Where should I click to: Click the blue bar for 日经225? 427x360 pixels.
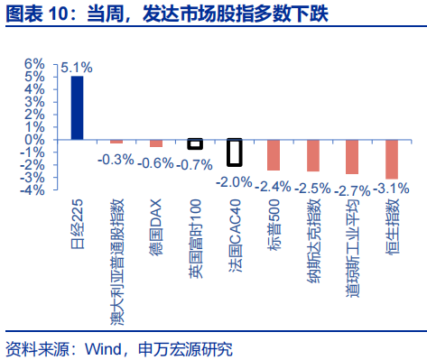[x=77, y=108]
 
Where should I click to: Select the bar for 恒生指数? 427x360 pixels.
[x=391, y=159]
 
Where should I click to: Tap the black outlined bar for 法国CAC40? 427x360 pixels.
[x=234, y=152]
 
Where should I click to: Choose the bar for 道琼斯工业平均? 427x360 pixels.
[x=352, y=157]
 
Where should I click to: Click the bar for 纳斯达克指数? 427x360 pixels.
[x=313, y=155]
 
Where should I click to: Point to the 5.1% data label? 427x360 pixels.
[x=77, y=67]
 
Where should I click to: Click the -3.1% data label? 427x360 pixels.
[x=391, y=188]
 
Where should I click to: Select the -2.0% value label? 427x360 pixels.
[x=235, y=181]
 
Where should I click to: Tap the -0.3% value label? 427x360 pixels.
[x=116, y=159]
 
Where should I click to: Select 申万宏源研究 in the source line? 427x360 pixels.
[x=186, y=348]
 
